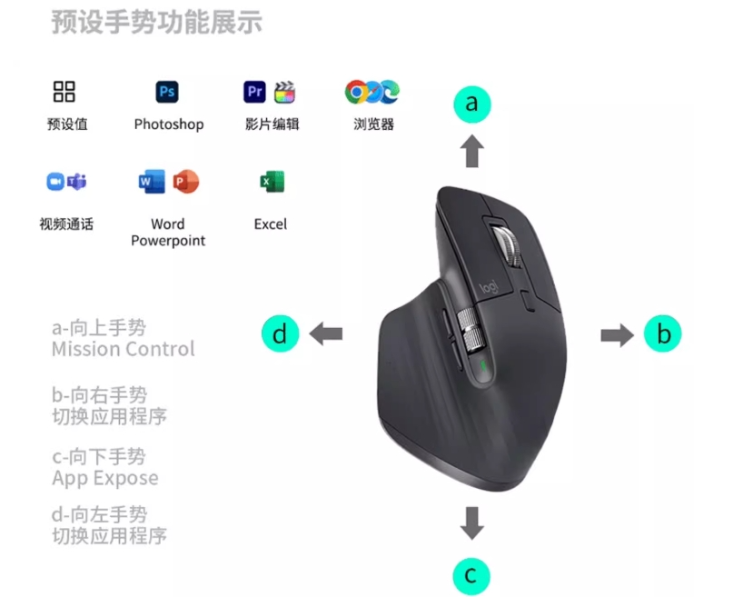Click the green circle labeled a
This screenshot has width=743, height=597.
tap(472, 104)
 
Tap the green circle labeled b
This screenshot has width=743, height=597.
tap(662, 333)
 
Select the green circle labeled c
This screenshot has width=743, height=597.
tap(471, 576)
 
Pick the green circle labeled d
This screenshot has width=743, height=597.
tap(281, 333)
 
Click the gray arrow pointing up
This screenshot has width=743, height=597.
tap(472, 151)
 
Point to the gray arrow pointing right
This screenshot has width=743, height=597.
tap(617, 335)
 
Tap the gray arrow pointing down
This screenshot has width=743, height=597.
tap(472, 523)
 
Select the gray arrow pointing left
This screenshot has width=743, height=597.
tap(325, 333)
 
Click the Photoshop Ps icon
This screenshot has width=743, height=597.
tap(167, 92)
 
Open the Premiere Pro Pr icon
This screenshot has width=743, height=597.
tap(254, 92)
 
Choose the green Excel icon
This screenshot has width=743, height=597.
tap(272, 182)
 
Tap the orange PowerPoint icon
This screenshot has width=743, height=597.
tap(185, 181)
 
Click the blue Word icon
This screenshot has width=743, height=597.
tap(152, 181)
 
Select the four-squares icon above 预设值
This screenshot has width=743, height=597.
tap(64, 92)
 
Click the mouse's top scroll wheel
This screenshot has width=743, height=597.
tap(508, 245)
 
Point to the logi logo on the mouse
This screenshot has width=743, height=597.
tap(489, 287)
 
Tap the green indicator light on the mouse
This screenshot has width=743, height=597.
tap(483, 364)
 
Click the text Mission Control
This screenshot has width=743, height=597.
tap(124, 349)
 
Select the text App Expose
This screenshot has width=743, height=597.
tap(105, 478)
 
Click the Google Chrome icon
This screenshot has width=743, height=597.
tap(356, 92)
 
